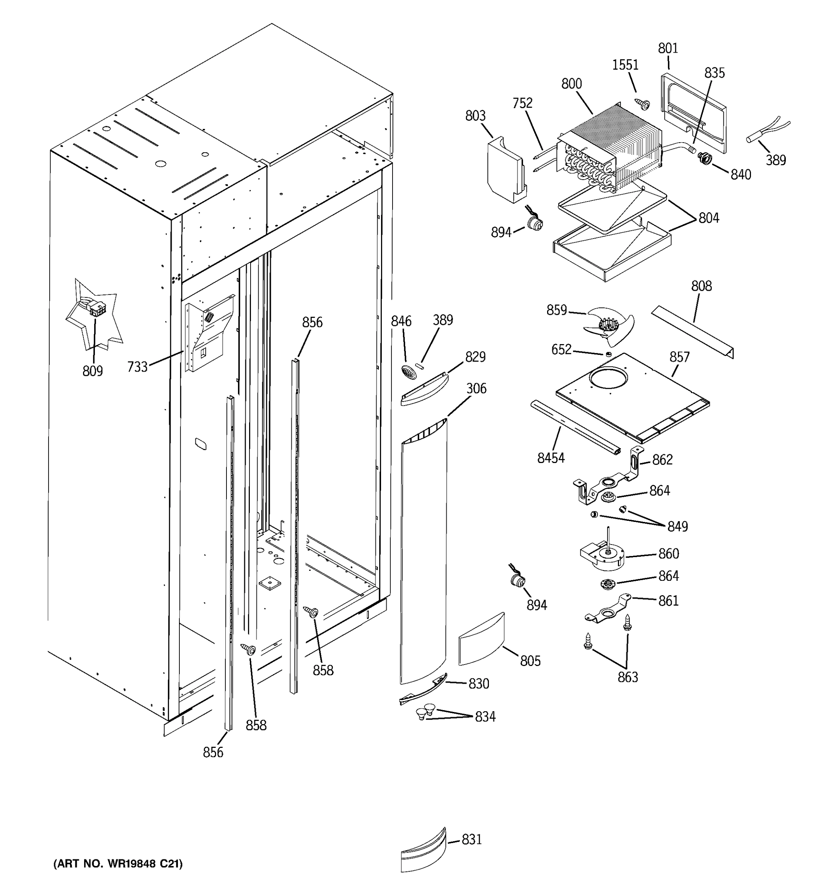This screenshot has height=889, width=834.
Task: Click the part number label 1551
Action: point(625,65)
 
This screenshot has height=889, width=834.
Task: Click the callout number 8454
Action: point(551,458)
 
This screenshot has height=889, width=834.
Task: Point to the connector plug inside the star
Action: point(95,308)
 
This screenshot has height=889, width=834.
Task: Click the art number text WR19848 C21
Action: point(118,864)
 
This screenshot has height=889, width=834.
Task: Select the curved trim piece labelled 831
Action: point(423,850)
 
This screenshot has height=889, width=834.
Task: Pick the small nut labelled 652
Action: point(608,354)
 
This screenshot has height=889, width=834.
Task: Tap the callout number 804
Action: point(709,218)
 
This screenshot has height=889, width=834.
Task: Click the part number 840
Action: point(741,175)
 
